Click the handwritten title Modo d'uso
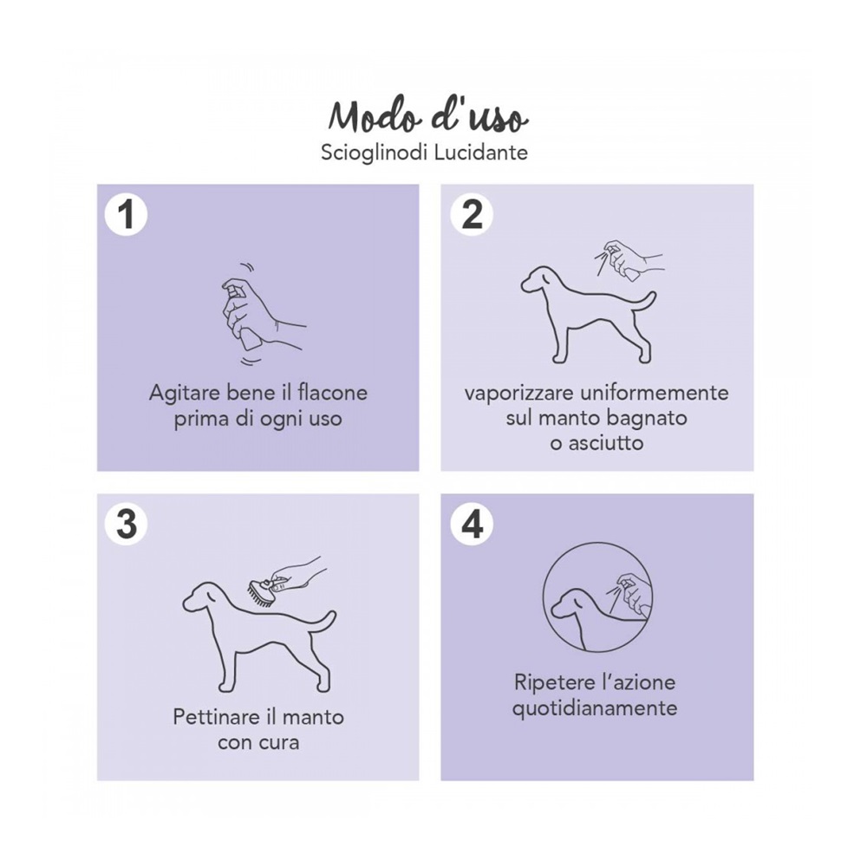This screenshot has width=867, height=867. [428, 118]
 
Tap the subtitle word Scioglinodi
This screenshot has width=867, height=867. [374, 152]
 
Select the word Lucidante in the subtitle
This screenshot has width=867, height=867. [480, 152]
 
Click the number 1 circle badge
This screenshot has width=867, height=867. [127, 214]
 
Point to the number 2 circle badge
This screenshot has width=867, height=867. [472, 214]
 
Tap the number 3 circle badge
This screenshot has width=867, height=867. [127, 524]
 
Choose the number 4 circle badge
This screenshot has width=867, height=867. [472, 524]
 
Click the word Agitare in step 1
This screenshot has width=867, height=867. [184, 394]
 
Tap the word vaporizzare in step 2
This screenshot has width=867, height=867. [518, 394]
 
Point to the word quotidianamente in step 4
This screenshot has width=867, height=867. [595, 709]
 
